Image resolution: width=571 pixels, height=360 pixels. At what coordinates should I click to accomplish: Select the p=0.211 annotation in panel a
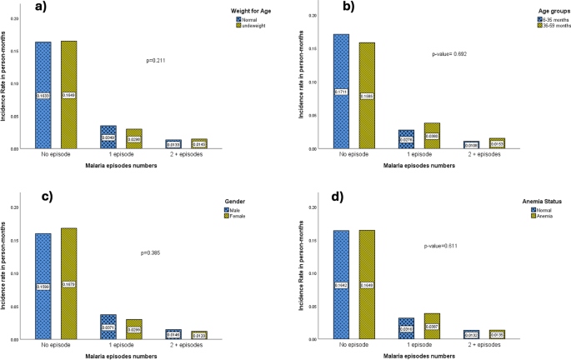click(157, 59)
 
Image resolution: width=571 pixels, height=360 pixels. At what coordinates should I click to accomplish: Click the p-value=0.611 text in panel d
click(441, 246)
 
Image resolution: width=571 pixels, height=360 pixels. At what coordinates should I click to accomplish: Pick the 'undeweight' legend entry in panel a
click(251, 26)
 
